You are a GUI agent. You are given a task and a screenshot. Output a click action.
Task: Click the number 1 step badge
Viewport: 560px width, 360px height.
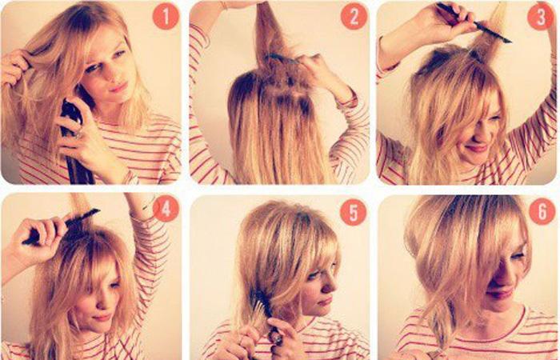point(166,16)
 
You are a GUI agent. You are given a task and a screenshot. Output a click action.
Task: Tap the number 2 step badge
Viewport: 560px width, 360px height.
point(354,16)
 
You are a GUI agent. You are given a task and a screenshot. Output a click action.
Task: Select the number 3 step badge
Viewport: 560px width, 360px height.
point(541,17)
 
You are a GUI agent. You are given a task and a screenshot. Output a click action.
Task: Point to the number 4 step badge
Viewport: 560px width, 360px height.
point(166,209)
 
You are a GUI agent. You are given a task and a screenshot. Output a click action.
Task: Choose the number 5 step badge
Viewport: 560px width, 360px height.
point(354,212)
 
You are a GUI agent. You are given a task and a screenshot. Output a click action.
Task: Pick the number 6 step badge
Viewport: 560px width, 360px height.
point(542,212)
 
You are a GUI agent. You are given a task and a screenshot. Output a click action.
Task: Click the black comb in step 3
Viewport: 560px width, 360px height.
point(474,22)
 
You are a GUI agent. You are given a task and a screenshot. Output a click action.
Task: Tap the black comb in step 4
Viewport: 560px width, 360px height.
point(61,227)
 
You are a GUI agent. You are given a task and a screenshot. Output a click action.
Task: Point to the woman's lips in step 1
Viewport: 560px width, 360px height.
point(119,86)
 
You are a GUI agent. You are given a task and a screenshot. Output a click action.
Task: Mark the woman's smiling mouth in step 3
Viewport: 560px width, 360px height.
point(478,147)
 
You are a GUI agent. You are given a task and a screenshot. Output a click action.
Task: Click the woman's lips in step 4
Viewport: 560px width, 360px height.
point(101,317)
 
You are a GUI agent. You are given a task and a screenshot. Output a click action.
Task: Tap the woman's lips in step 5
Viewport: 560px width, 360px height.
point(325,302)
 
